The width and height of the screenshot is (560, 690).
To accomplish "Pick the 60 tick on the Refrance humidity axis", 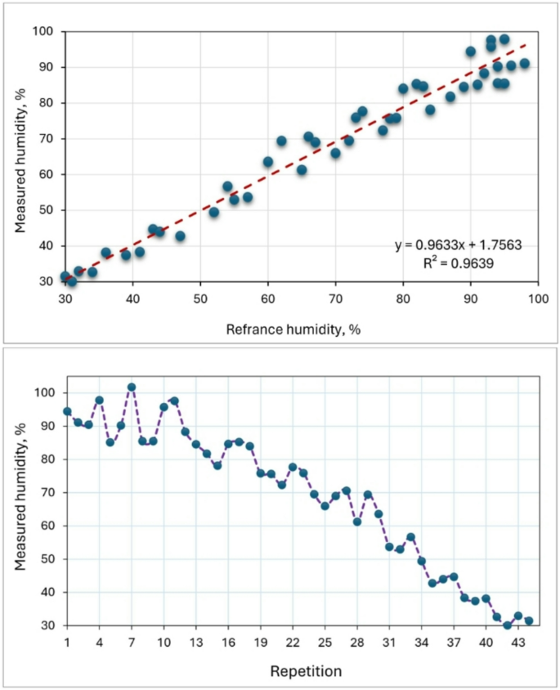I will tap(267, 298).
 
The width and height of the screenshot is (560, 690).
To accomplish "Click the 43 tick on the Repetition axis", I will tap(517, 643).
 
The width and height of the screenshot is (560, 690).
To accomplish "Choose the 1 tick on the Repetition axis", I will tap(66, 643).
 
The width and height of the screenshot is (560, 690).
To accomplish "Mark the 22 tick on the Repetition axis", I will tap(292, 643).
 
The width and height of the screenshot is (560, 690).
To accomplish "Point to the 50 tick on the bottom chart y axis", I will tap(47, 559).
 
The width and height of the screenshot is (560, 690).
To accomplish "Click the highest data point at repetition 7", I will tap(131, 387).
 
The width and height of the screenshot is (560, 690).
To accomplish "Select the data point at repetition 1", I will tap(67, 411).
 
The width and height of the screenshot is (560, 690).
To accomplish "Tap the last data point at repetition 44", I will tap(528, 621).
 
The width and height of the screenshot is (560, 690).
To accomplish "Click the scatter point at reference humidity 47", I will tap(180, 236).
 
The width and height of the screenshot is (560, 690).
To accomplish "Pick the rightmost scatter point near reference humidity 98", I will tap(524, 63).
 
